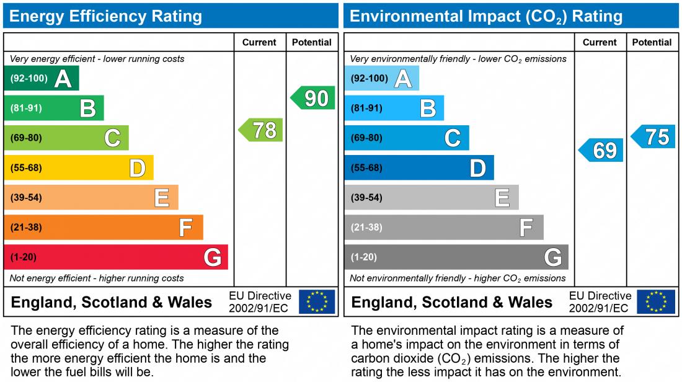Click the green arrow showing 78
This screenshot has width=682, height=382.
[261, 130]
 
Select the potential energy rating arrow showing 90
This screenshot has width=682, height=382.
[313, 98]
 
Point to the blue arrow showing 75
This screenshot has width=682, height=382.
[653, 136]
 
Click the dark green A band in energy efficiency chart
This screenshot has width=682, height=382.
[42, 78]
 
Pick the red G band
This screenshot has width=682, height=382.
[116, 257]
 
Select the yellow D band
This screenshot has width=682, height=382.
[79, 167]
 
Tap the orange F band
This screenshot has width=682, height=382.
[104, 227]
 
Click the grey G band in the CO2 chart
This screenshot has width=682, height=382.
[456, 257]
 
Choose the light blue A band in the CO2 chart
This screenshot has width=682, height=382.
[382, 78]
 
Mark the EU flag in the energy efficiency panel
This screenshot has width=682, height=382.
[317, 301]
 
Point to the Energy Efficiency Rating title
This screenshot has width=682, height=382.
[106, 16]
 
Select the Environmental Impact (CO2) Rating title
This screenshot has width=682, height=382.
[486, 16]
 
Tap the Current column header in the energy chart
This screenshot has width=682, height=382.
[259, 42]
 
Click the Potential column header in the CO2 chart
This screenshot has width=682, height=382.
[652, 42]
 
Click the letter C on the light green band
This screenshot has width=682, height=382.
[112, 138]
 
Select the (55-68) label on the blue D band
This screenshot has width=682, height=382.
[366, 168]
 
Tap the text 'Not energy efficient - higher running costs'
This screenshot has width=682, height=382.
[97, 278]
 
